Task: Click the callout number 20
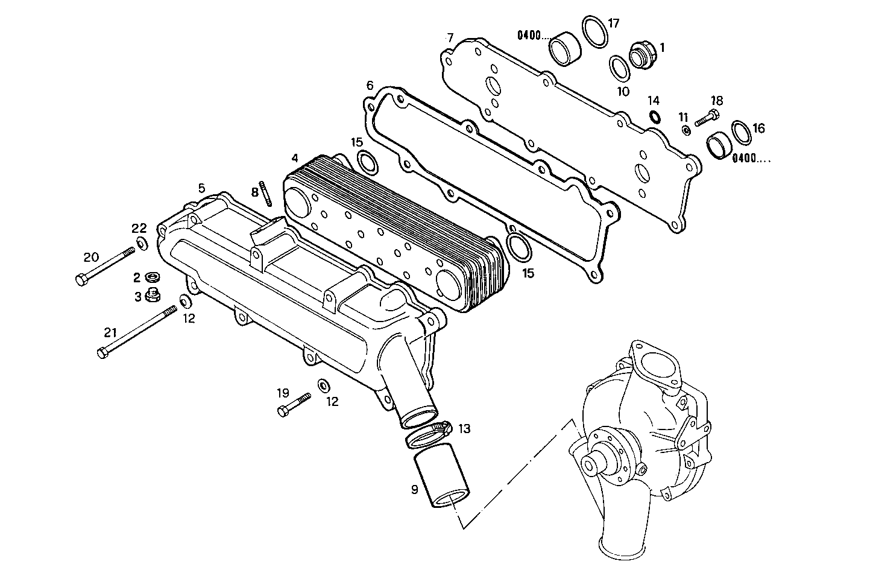(x=90, y=258)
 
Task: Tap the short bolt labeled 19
(x=294, y=404)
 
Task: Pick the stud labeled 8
(x=263, y=193)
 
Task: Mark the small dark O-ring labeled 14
(x=655, y=116)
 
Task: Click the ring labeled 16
(x=740, y=132)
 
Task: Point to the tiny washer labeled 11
(x=686, y=130)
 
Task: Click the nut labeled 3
(x=153, y=295)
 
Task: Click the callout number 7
(x=450, y=37)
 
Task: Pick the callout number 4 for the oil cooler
(x=294, y=158)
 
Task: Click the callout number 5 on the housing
(x=201, y=188)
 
